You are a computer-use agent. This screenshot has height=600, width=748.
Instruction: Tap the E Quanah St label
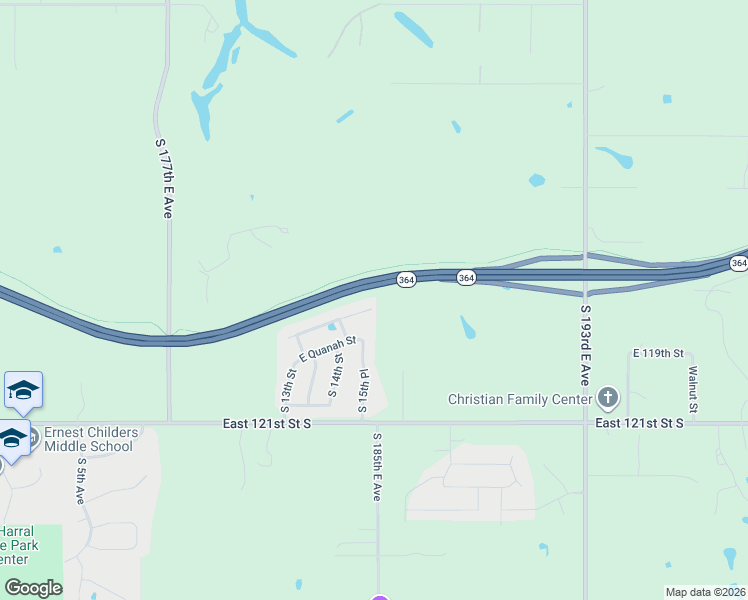point(327,351)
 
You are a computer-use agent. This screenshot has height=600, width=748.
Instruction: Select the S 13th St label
point(288,391)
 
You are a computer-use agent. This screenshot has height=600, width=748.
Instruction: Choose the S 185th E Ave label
point(378,467)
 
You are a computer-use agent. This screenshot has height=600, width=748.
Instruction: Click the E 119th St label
point(657,354)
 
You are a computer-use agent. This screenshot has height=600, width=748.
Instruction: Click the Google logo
point(33,588)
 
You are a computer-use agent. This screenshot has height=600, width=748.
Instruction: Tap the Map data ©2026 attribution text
point(704,592)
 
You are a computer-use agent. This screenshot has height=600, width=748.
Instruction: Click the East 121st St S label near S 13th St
point(267,424)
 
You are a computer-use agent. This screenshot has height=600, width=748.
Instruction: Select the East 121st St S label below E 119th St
point(639,424)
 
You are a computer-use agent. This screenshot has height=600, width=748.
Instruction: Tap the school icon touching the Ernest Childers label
point(12,439)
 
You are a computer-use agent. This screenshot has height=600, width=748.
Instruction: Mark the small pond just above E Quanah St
point(332,326)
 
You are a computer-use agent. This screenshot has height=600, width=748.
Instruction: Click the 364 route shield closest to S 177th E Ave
point(405,281)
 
